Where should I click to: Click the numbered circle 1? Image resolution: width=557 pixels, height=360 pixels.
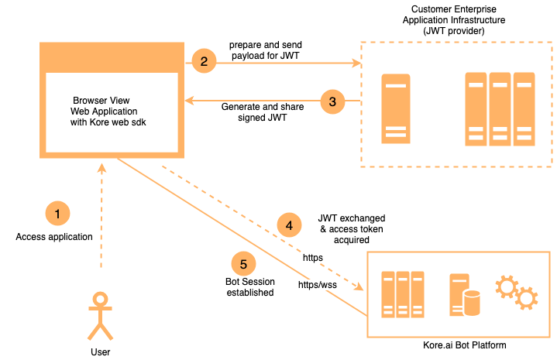coord(58,213)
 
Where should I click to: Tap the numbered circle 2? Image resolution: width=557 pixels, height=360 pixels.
coord(205,61)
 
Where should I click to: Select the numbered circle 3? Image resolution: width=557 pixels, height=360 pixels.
coord(332,101)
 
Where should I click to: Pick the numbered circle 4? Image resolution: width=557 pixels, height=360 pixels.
coord(289,225)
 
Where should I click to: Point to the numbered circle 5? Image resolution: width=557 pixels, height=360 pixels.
coord(245,262)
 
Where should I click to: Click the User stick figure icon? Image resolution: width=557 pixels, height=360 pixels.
coord(100,316)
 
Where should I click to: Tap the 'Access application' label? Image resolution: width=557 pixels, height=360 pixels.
coord(54,237)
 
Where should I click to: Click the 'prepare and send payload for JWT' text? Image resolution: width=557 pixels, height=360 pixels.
coord(266,50)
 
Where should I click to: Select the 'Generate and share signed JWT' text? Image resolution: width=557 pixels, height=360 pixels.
coord(263,112)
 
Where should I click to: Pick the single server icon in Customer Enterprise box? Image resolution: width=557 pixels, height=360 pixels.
coord(396,109)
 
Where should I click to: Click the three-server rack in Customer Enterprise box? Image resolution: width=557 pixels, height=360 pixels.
coord(500,108)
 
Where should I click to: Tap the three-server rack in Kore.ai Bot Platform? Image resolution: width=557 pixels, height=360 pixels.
coord(403,293)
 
